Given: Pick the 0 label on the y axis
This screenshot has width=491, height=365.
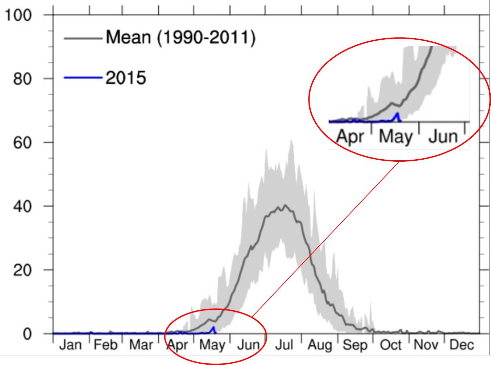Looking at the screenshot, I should (27, 334).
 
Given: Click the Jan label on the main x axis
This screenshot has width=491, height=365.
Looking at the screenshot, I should (71, 345).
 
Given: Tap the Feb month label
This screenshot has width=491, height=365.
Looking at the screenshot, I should (105, 345).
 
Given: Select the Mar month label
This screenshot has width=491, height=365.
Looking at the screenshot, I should (141, 345).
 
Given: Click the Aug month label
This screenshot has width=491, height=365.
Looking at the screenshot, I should (319, 345).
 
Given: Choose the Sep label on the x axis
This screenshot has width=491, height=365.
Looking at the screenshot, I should (355, 345).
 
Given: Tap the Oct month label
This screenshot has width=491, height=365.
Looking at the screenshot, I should (391, 345).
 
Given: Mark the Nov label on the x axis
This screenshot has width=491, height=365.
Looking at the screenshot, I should (426, 345).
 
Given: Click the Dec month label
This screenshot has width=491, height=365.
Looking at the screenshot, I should (461, 345).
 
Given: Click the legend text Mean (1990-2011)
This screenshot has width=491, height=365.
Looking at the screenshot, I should (180, 37).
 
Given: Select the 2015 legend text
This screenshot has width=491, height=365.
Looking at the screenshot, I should (126, 78).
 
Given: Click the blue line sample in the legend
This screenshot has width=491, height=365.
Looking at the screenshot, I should (83, 78).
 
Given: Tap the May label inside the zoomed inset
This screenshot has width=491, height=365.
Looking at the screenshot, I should (396, 137).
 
